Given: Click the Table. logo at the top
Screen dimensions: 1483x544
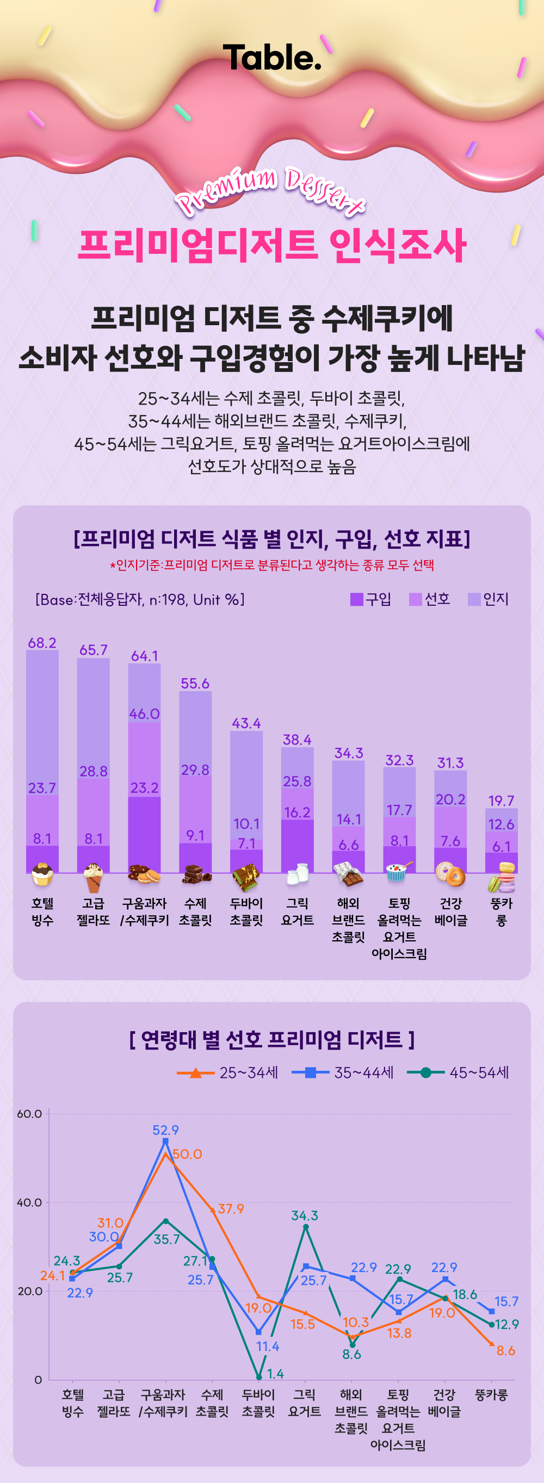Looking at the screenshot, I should (x=271, y=58).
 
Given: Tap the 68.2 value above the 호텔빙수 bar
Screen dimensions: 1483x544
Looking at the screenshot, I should (x=42, y=643).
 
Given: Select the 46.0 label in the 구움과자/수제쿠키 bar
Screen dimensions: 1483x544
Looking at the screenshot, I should (x=145, y=714).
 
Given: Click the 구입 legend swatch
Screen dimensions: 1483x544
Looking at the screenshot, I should (x=356, y=599).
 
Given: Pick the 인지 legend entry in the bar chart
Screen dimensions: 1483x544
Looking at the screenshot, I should (x=489, y=599).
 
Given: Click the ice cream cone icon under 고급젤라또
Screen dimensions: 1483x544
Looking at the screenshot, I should (x=93, y=877).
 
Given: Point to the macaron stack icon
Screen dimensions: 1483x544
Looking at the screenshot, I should (x=502, y=877).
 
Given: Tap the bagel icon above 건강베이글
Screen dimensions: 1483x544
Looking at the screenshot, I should (x=450, y=875).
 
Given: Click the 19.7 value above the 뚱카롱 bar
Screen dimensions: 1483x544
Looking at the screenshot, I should (x=502, y=801).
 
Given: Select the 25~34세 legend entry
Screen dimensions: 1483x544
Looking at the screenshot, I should (x=228, y=1072).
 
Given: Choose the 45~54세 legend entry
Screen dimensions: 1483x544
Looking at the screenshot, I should (x=458, y=1072).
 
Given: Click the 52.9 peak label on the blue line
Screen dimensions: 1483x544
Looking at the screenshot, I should (x=165, y=1130).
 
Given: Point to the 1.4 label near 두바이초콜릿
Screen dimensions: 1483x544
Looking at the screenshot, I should (x=276, y=1374).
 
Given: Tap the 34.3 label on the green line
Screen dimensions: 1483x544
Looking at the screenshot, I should (x=305, y=1215).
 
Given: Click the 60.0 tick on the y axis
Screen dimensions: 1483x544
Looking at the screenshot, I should (x=29, y=1113).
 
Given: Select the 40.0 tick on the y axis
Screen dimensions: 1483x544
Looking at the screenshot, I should (x=29, y=1202).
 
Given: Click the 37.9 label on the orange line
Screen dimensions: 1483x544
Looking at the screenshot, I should (x=231, y=1208).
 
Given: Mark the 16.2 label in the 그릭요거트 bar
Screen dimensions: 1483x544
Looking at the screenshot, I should (x=297, y=812).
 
